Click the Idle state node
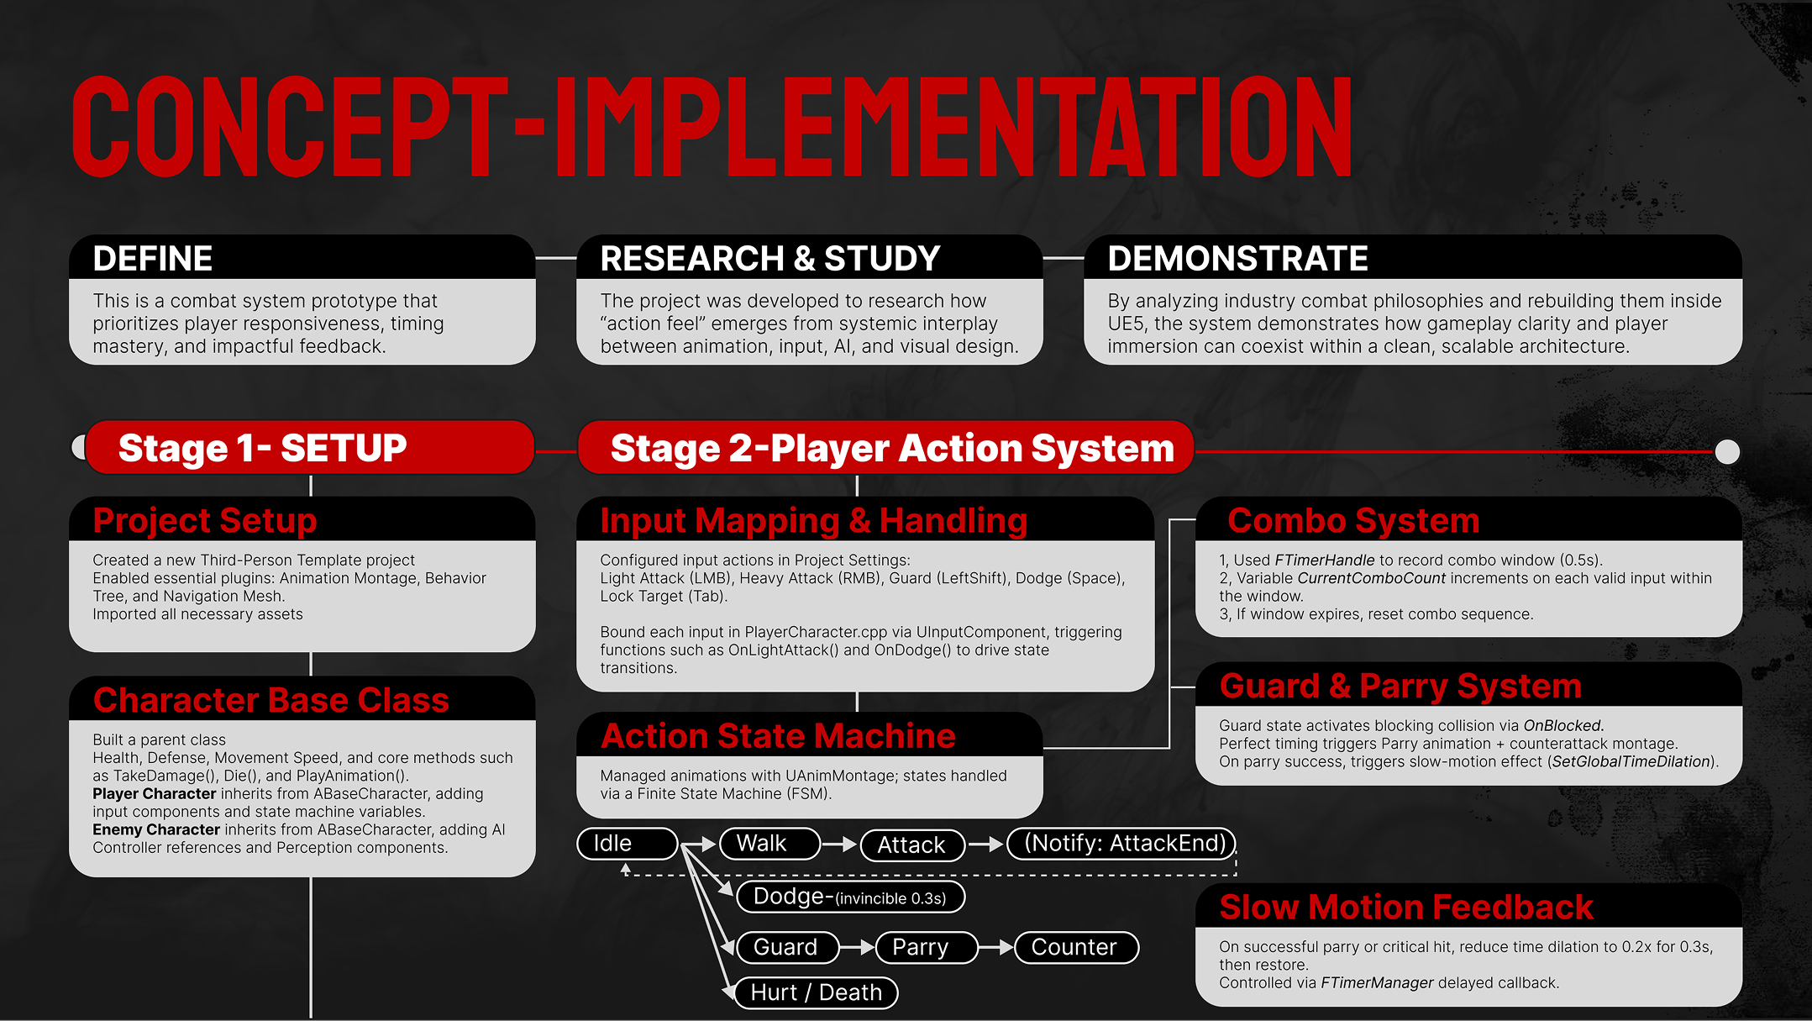click(627, 843)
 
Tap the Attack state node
click(912, 845)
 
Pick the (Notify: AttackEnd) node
click(1121, 843)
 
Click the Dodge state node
click(850, 897)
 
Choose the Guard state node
click(786, 947)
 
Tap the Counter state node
click(1075, 947)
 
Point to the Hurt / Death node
click(815, 992)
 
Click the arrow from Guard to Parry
click(857, 948)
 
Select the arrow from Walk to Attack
click(839, 844)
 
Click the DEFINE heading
click(153, 258)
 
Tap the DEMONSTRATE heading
click(1237, 258)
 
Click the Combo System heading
click(1352, 520)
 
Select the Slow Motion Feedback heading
click(1405, 907)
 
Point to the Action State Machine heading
click(778, 735)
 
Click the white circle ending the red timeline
click(1727, 451)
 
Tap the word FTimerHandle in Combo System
click(1324, 560)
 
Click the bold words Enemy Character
click(156, 829)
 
